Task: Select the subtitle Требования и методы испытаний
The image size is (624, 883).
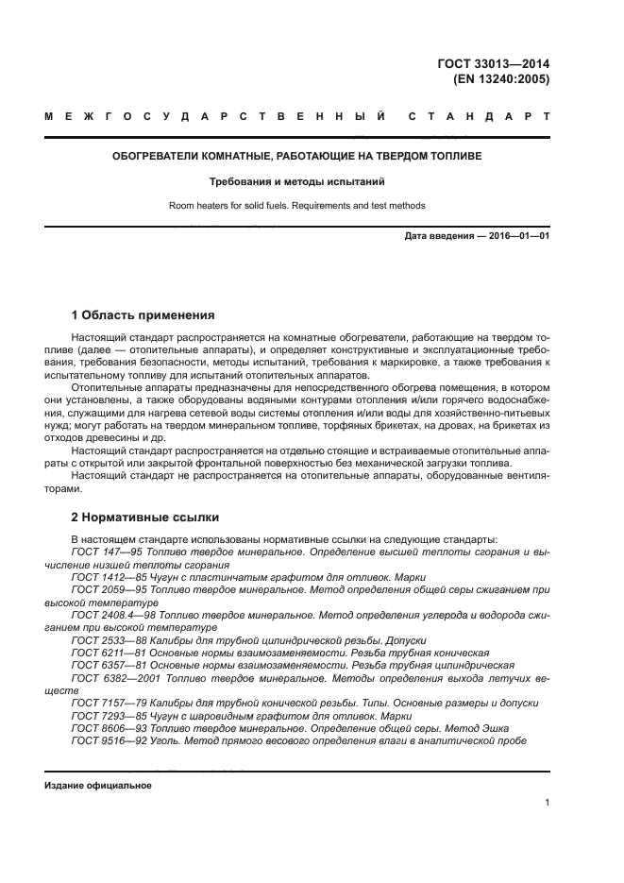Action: click(x=297, y=181)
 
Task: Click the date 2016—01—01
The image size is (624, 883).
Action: click(x=516, y=235)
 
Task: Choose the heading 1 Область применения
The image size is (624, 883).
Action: click(x=143, y=314)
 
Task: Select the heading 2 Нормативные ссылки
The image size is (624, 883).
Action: click(x=145, y=518)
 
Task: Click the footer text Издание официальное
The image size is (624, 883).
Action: click(x=98, y=786)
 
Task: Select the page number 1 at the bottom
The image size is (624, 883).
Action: click(x=547, y=803)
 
